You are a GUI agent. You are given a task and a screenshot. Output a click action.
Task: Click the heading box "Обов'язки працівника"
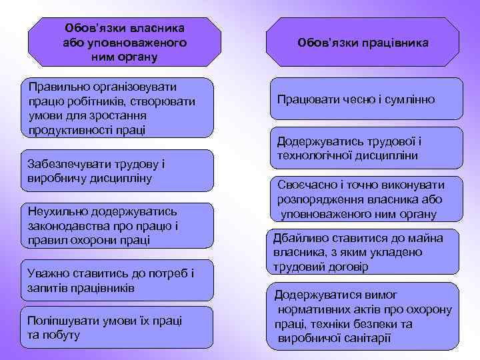(363, 42)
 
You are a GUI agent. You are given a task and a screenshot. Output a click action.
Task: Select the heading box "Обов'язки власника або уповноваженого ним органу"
(125, 42)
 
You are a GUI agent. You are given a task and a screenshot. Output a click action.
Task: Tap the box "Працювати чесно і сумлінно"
(365, 99)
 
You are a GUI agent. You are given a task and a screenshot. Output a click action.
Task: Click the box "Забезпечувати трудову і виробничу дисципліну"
(117, 171)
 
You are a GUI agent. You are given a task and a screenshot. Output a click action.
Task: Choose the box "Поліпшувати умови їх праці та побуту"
(117, 327)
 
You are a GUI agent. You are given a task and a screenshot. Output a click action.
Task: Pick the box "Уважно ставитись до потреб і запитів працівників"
(117, 280)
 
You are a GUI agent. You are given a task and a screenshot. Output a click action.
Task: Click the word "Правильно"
(51, 87)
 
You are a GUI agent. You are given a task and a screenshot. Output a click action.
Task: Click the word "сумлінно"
(408, 99)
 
